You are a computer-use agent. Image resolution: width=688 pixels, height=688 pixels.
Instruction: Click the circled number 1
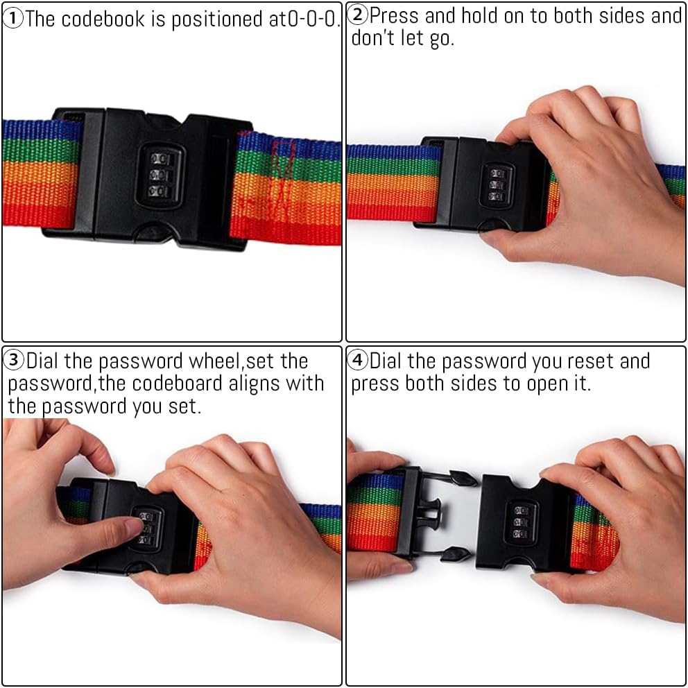tap(12, 19)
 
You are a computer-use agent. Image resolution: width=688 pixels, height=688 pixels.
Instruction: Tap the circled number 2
tap(358, 15)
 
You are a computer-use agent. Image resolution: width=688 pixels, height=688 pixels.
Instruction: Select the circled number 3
tap(14, 361)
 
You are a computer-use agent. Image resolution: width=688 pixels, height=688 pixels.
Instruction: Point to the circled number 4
tap(358, 361)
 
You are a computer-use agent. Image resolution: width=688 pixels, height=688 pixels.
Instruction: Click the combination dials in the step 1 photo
tap(159, 175)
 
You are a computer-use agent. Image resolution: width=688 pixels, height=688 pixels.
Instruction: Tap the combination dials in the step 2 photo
tap(497, 185)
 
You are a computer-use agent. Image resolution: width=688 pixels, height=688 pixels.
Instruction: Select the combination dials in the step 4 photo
tap(520, 522)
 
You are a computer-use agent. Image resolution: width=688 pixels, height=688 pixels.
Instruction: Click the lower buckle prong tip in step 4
tap(456, 555)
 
